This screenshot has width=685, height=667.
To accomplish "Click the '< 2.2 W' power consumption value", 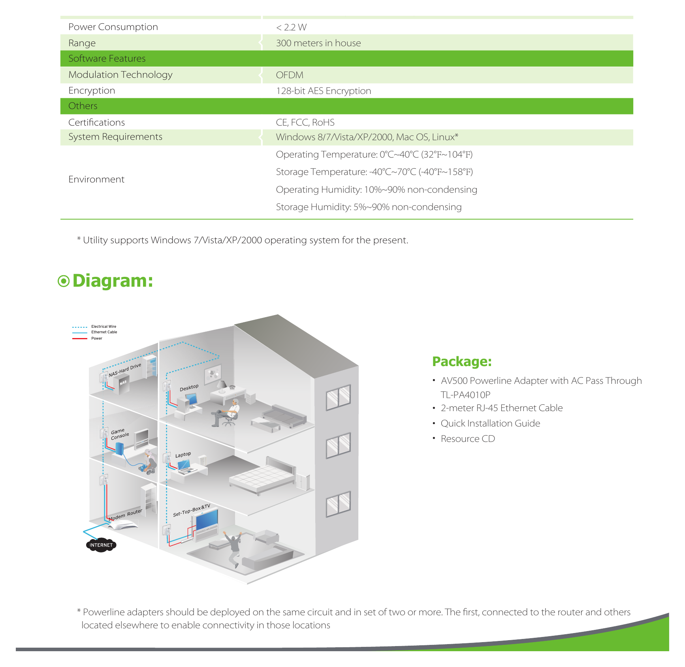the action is (x=291, y=27).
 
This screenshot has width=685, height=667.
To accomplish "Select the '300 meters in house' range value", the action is (x=318, y=43).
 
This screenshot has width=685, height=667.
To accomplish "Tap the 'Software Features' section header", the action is (x=107, y=58).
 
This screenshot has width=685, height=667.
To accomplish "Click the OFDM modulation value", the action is (x=290, y=75).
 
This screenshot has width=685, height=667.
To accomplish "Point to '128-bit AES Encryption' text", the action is (x=324, y=91).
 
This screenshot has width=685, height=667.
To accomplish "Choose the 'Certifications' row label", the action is (x=96, y=122).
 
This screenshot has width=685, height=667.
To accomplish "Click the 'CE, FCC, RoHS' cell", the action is (x=305, y=122).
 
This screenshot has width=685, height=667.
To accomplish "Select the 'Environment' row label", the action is (x=96, y=179).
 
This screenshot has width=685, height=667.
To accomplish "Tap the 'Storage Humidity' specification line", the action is (x=369, y=207).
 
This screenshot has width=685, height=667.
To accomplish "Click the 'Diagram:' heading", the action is (x=113, y=281).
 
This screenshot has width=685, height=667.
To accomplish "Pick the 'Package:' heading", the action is (x=462, y=362).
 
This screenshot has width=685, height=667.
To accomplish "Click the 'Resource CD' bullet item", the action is (x=468, y=439).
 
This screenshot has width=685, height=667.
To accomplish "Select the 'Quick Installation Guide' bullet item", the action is (x=490, y=423).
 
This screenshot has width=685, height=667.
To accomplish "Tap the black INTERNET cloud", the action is (x=101, y=545).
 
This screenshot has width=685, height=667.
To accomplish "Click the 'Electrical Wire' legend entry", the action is (x=104, y=327).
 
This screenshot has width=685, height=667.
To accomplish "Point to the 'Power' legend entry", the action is (x=97, y=338).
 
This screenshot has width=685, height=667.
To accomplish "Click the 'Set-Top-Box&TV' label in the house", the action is (x=192, y=510).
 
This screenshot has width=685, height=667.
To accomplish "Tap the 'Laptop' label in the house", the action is (x=183, y=455).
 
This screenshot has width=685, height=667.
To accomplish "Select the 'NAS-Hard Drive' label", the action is (x=124, y=370).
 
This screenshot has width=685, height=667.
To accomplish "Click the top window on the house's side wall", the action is (x=338, y=397).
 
